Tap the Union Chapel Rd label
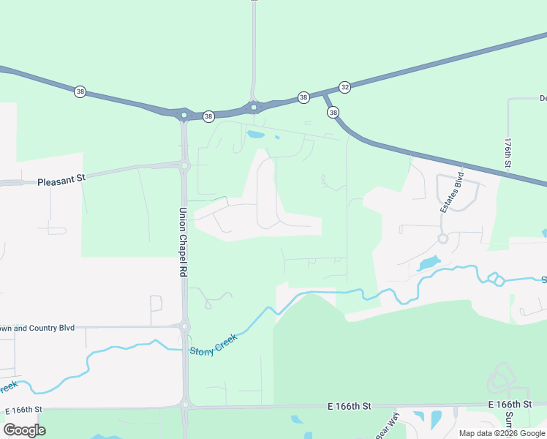click(184, 241)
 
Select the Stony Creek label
click(214, 340)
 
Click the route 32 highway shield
click(345, 86)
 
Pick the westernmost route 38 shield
click(80, 91)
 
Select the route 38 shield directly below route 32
click(333, 112)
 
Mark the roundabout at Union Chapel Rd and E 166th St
click(185, 404)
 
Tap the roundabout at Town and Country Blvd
click(184, 326)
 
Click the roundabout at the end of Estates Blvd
click(442, 239)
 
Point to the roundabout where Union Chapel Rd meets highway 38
click(184, 115)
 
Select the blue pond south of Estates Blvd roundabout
click(429, 263)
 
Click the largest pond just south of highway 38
click(255, 135)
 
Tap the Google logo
click(24, 430)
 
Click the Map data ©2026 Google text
click(502, 433)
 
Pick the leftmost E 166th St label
click(23, 409)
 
